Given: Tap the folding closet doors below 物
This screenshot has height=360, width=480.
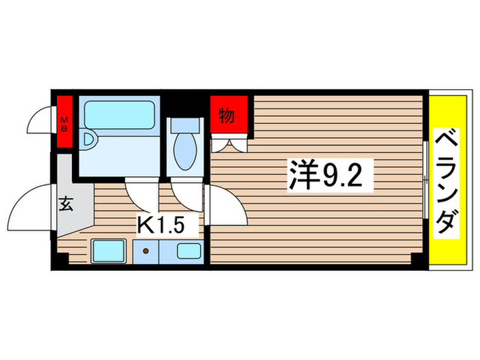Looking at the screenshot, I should (x=228, y=144).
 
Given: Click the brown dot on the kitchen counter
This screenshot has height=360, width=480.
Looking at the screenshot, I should (x=146, y=251).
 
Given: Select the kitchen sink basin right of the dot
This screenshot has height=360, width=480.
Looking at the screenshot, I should (x=188, y=250).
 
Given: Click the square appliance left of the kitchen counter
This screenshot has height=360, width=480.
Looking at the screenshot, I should (x=108, y=251).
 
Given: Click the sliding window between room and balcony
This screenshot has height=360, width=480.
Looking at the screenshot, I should (x=426, y=180).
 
